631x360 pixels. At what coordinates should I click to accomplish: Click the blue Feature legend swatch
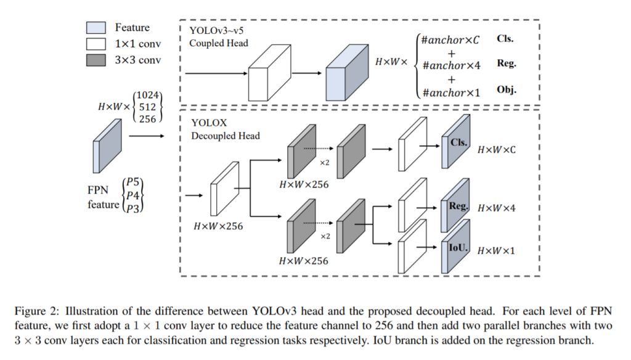(97, 28)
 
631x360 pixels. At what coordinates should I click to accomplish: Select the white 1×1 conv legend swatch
(97, 44)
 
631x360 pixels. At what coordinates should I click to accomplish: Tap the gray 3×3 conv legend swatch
(97, 60)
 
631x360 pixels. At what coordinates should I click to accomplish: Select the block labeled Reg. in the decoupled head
(455, 208)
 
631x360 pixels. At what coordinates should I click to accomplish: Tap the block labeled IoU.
(455, 250)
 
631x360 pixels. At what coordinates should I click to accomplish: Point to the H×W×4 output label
(497, 208)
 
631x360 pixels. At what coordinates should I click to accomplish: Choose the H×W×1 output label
(497, 250)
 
